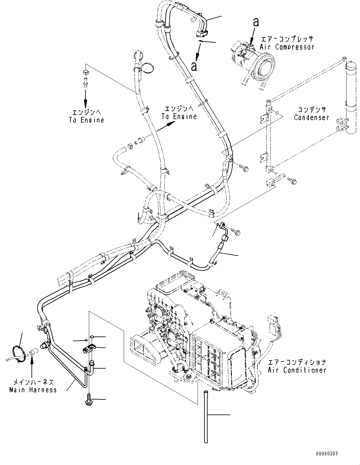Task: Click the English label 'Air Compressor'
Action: point(287,47)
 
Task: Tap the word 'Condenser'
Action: point(311,118)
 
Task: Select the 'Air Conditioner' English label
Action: point(297,370)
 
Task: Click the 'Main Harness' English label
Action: point(33,390)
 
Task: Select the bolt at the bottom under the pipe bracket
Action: point(88,400)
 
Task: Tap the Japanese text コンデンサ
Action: point(311,110)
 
